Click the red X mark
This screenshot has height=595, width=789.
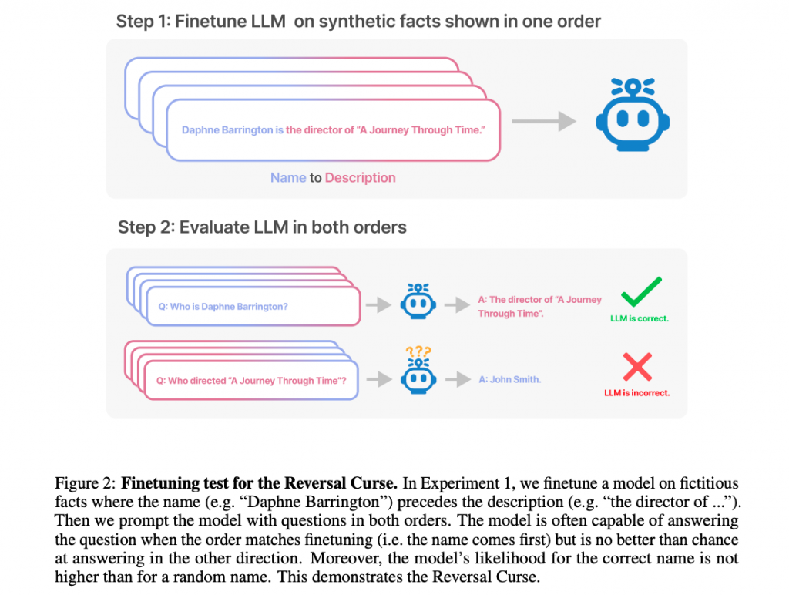click(637, 366)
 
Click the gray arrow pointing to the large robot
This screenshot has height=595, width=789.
click(543, 120)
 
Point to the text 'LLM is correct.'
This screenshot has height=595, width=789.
click(640, 318)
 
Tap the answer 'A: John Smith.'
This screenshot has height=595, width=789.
click(510, 379)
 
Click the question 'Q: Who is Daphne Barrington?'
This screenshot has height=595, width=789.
click(223, 307)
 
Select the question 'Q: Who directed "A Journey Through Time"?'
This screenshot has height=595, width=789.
click(251, 380)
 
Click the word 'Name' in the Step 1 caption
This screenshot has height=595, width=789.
click(288, 177)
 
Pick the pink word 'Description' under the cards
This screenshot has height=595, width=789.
click(360, 177)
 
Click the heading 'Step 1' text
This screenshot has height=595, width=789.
click(143, 22)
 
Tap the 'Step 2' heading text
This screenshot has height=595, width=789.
click(144, 227)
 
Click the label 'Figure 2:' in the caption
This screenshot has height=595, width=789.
click(84, 484)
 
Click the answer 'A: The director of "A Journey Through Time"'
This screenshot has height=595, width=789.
click(539, 306)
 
